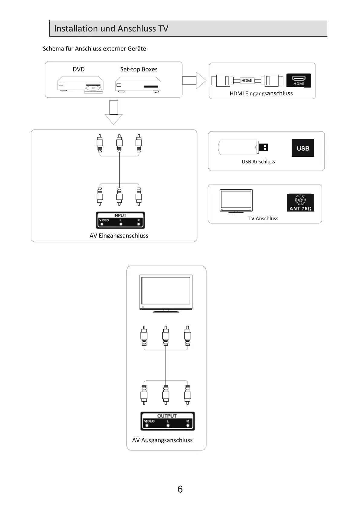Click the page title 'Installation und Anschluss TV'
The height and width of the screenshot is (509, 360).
pos(111,28)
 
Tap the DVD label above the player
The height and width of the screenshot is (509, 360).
pos(79,69)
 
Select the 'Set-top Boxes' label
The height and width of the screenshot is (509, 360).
pos(139,69)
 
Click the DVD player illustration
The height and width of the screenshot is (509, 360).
pos(80,84)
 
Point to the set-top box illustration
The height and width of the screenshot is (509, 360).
pos(138,84)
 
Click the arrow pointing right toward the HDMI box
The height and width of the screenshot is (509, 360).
pos(194,80)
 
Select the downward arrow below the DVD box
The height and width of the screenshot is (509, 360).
pos(114,112)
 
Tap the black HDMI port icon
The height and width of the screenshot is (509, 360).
pos(299,80)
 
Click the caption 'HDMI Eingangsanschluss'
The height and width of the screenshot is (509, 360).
pos(261,94)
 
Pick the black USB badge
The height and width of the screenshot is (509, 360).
pos(303,148)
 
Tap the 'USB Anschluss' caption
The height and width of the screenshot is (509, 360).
pos(258,162)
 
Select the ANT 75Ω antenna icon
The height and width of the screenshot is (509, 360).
pos(300,202)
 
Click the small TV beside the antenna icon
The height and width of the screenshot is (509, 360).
pos(236,201)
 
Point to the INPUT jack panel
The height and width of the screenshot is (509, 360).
pos(120,220)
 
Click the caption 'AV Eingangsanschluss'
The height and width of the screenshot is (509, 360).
pos(119,235)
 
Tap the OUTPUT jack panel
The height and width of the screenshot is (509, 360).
pos(167,421)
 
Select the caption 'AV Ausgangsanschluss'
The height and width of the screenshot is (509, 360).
pos(162,440)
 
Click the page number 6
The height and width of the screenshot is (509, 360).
pos(180,489)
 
